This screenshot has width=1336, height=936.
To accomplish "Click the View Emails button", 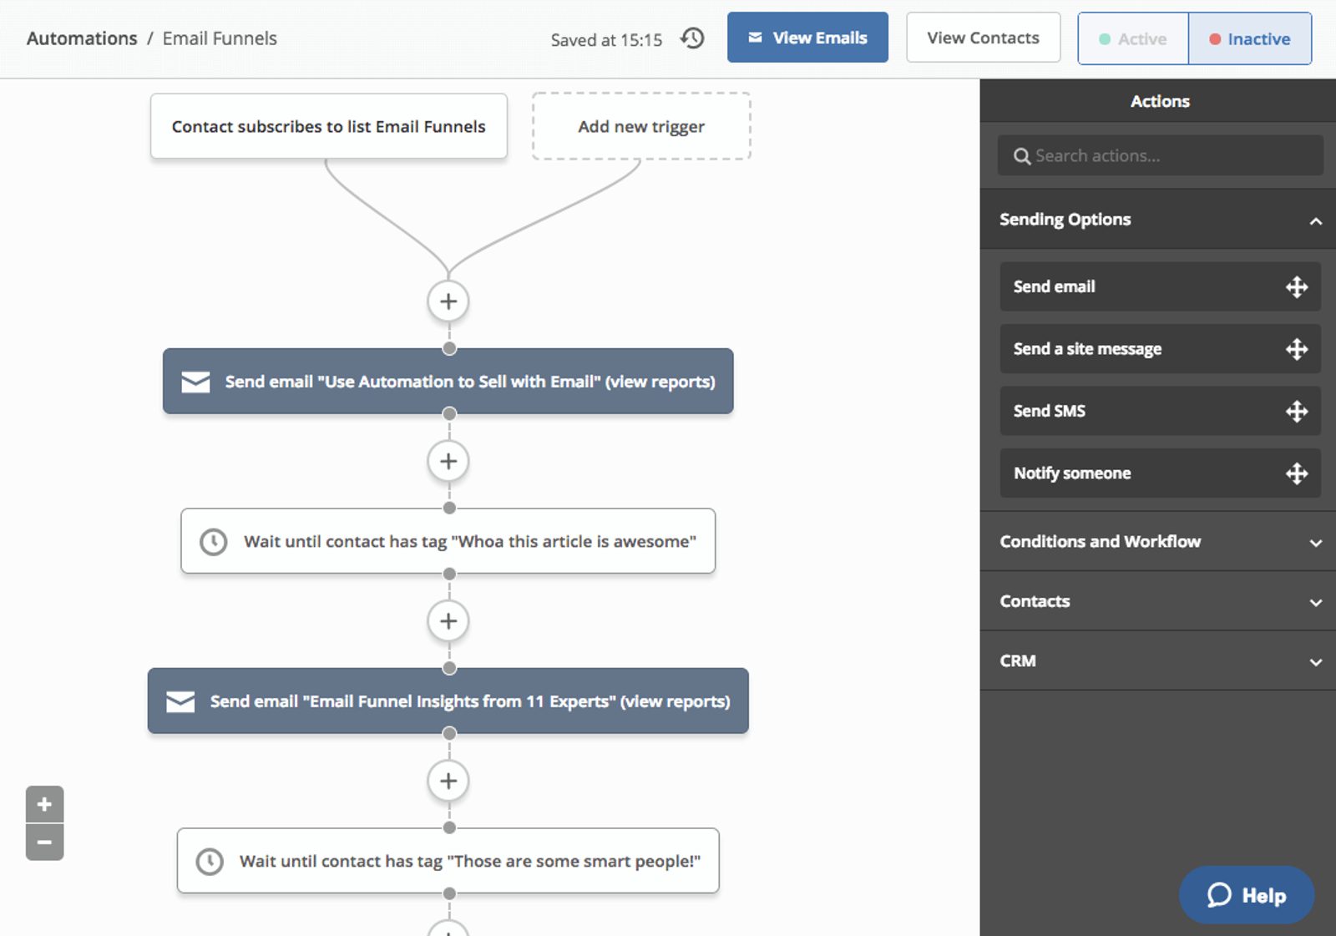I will coord(807,38).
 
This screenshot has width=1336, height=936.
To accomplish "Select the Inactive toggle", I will coord(1249,38).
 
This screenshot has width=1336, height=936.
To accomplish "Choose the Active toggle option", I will coord(1133,38).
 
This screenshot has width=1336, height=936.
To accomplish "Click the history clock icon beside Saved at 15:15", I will coord(692,38).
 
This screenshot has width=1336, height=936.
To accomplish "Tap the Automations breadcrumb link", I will coord(82,38).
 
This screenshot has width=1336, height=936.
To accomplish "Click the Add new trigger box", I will coord(641,126).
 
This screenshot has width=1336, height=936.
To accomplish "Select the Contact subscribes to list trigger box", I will coord(328,126).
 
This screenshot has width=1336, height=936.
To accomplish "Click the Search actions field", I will coord(1160,155).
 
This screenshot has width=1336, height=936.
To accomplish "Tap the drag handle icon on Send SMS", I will coord(1296,411).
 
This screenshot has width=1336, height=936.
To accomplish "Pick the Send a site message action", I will coord(1087,349).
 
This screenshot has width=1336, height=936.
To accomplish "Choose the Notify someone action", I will coord(1072,473).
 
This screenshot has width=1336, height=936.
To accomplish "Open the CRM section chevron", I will coord(1315,662).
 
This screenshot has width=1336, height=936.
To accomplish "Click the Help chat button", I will coord(1246,895).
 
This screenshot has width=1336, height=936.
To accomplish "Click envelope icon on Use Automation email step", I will coord(195,382).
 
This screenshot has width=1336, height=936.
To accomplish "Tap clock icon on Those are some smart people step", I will coord(210,861).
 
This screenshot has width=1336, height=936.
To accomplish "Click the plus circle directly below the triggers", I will coord(448,301).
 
